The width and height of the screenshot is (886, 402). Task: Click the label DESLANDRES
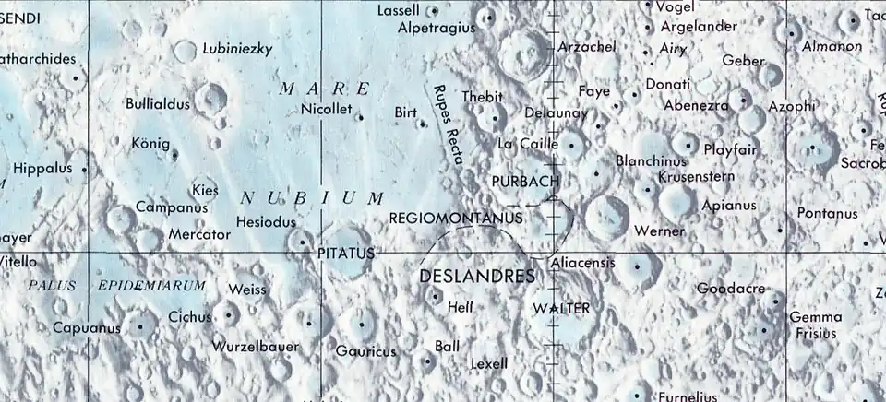(x=477, y=277)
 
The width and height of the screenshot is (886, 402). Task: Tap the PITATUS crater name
(x=346, y=252)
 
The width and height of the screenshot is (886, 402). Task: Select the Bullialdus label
(x=158, y=104)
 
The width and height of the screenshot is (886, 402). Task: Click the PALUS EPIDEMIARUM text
(x=116, y=286)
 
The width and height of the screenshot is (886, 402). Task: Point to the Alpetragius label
(x=436, y=29)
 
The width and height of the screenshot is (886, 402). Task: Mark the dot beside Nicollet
(x=360, y=117)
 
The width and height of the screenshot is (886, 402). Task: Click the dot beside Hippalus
(x=85, y=170)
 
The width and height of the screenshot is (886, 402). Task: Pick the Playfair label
(x=730, y=148)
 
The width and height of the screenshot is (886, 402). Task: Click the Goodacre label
(x=731, y=289)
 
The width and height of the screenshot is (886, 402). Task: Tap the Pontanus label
(x=827, y=214)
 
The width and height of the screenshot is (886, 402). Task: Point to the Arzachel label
(x=587, y=46)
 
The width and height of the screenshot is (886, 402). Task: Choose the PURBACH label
(x=525, y=181)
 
